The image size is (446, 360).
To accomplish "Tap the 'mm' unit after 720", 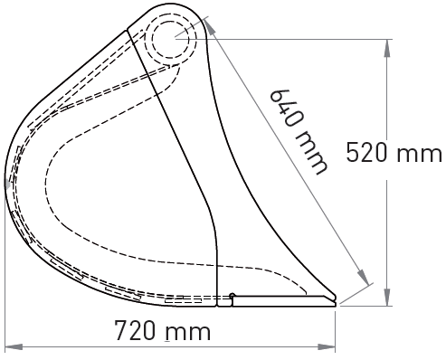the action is (x=188, y=333).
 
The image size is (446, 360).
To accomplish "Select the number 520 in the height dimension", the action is (x=366, y=152).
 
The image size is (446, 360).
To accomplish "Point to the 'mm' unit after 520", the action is (x=420, y=155).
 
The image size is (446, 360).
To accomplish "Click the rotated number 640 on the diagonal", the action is (x=282, y=108).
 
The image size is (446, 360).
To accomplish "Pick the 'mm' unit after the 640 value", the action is (x=310, y=152).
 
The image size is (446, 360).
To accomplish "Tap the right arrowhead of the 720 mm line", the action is (x=327, y=346).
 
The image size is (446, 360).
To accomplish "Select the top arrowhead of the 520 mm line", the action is (x=387, y=48).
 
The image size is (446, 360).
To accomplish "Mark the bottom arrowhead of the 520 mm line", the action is (x=387, y=297).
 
